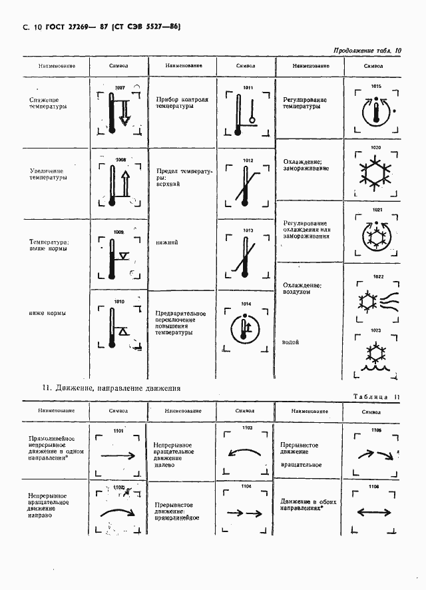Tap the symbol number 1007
120,88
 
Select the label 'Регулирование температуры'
305,102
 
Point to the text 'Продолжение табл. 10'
366,51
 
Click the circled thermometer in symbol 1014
246,328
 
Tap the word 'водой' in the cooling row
290,342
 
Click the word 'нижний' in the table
167,242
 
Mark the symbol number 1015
376,87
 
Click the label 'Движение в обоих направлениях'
308,505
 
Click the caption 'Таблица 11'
376,397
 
